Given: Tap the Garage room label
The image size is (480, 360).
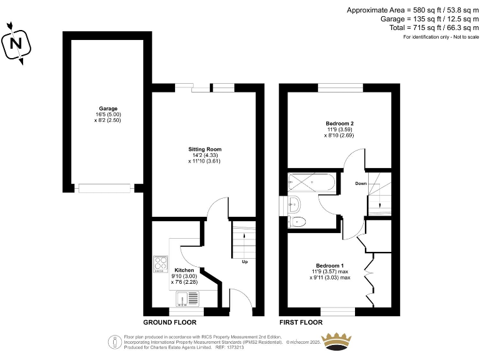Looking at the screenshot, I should (x=99, y=109).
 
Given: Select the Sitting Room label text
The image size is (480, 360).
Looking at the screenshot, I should (x=205, y=149).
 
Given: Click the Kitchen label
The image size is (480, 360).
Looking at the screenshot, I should (x=184, y=270).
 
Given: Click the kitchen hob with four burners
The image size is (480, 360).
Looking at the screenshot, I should (x=161, y=265).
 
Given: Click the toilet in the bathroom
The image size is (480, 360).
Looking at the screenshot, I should (x=297, y=221).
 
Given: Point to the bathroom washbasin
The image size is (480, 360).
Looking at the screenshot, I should (x=295, y=203).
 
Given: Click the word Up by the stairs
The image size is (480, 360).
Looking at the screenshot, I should (x=244, y=262).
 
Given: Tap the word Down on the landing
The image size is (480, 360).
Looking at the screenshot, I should (x=361, y=184).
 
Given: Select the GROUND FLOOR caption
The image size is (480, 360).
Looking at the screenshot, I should (x=169, y=323).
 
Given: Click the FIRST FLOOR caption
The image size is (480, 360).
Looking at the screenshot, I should (x=301, y=323).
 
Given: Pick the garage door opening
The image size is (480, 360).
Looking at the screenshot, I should (x=104, y=187).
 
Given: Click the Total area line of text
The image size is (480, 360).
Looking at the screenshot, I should (x=430, y=29).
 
